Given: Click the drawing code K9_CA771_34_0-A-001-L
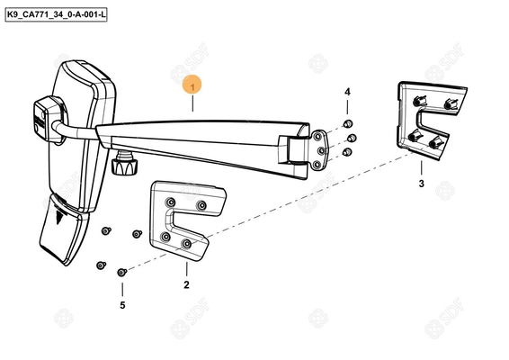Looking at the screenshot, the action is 56,15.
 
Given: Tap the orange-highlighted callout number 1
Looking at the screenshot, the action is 192,85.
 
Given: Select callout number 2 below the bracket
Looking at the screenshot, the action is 186,285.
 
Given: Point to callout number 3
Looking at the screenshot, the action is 422,184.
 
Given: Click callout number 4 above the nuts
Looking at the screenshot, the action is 347,92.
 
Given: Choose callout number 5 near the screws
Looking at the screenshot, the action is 122,305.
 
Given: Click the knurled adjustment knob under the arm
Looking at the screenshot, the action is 123,164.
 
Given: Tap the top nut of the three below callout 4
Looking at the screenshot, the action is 348,124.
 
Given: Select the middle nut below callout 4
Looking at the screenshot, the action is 352,138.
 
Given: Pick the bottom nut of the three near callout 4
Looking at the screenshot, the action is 347,152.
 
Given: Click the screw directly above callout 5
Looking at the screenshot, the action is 121,273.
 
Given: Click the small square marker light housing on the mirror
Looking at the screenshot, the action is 48,119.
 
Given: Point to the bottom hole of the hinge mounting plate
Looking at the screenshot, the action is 317,165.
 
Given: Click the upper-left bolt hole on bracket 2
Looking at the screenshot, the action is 171,202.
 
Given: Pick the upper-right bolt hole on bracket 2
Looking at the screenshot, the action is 201,205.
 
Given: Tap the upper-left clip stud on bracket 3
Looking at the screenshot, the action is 419,101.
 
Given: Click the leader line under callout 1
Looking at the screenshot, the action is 192,104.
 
